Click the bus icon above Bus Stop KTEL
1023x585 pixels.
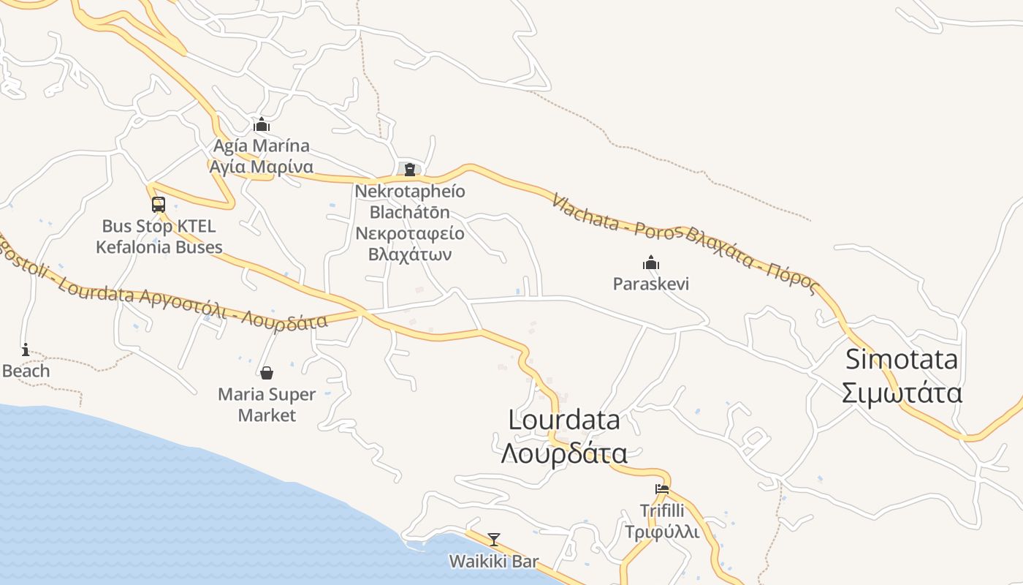[x=159, y=205]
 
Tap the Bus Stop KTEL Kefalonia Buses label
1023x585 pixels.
[x=159, y=237]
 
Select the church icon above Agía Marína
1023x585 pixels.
[x=262, y=125]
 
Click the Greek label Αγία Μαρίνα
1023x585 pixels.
[x=262, y=167]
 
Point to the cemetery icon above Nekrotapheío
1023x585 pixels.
[x=409, y=170]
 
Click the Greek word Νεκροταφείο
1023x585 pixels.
[x=409, y=234]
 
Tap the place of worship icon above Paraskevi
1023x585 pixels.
[x=651, y=263]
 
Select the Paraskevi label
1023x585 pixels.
[x=651, y=284]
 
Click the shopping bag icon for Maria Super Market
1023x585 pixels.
[x=267, y=373]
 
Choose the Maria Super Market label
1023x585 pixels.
[x=267, y=405]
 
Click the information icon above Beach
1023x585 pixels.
[x=26, y=350]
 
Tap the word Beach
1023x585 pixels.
[x=26, y=371]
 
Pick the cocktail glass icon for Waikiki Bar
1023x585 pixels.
[x=494, y=540]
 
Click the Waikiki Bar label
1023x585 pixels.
[x=494, y=562]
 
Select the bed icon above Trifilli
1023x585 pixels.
[x=662, y=489]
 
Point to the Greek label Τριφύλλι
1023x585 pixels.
[x=662, y=532]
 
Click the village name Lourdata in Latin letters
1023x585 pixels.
[x=564, y=420]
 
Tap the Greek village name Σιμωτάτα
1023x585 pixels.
[x=902, y=393]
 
